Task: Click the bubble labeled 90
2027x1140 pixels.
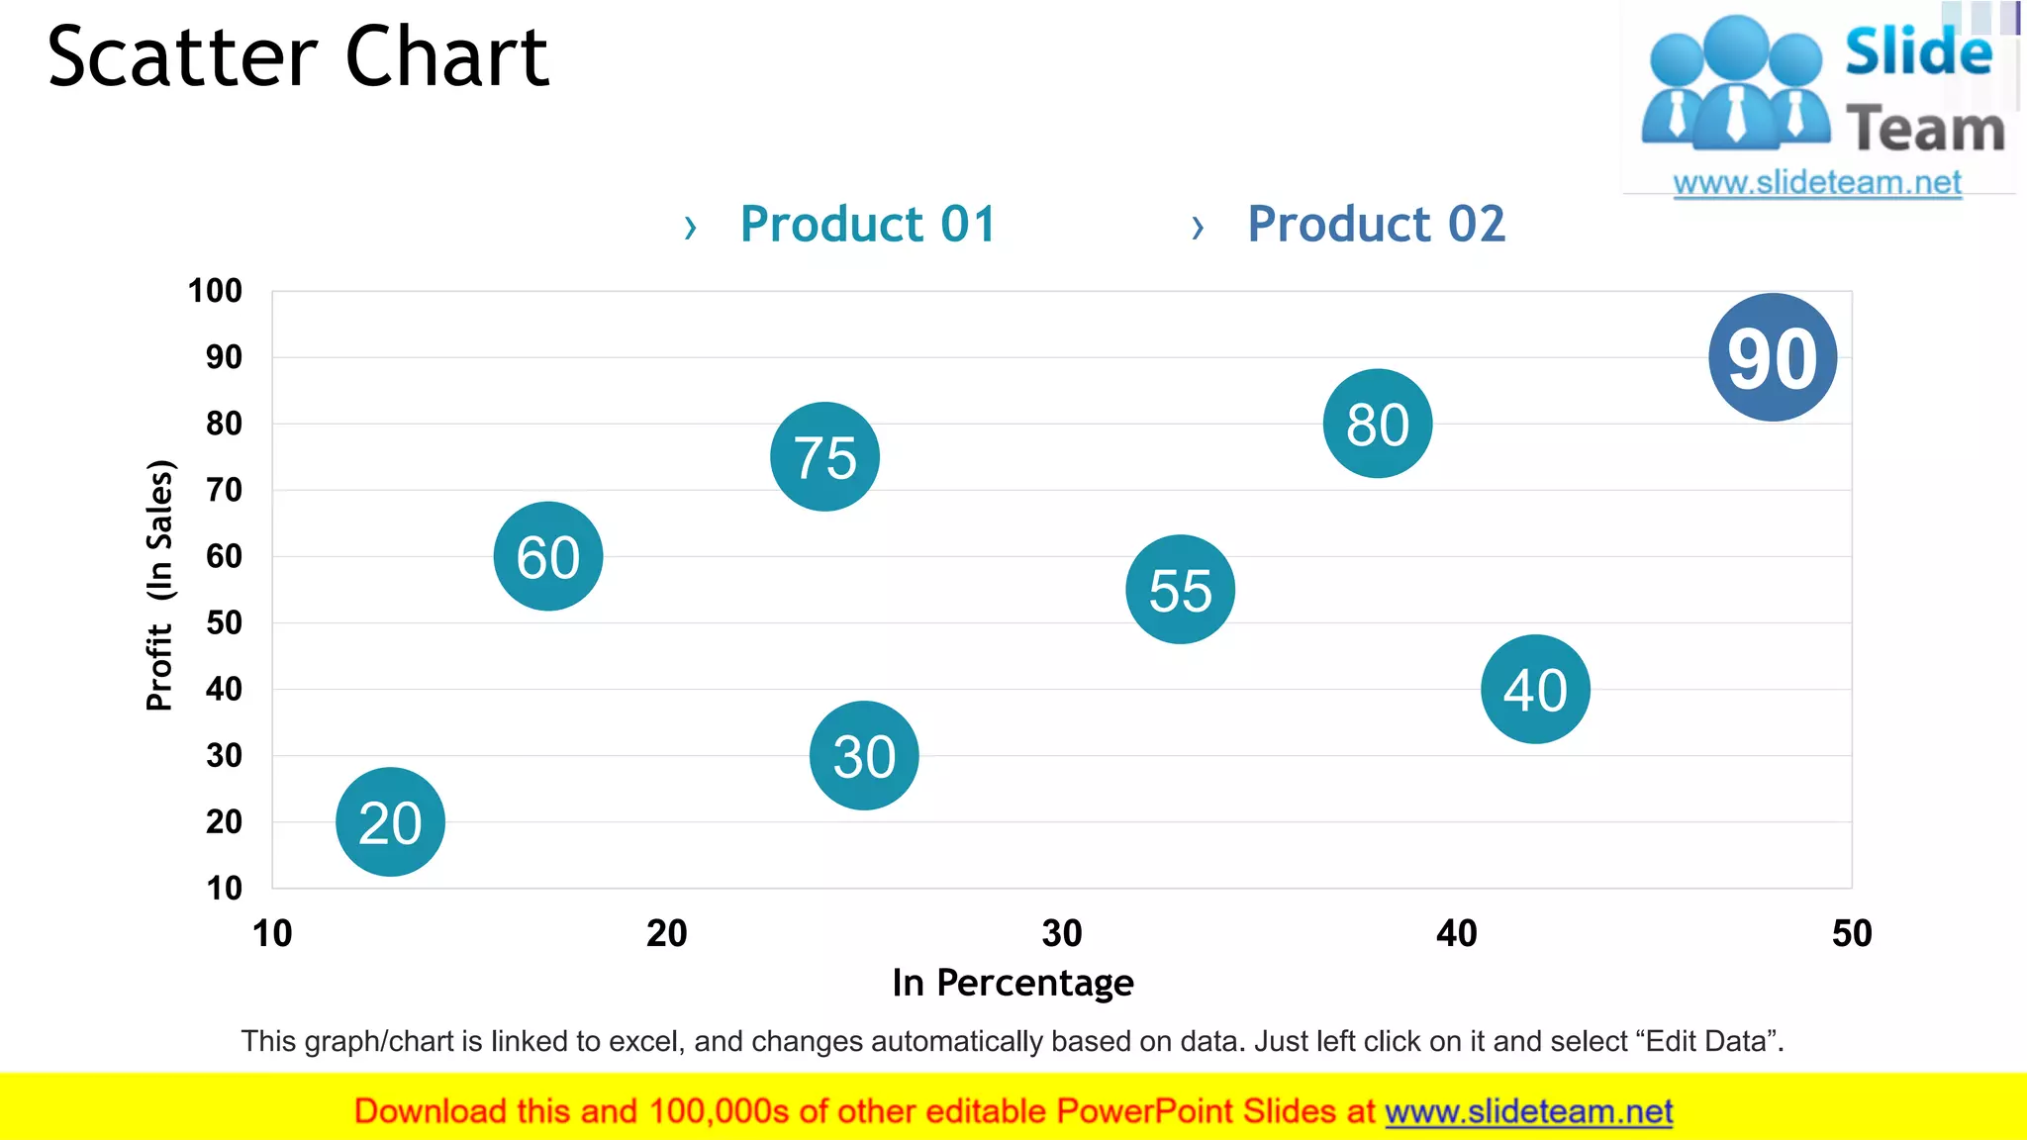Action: (1772, 357)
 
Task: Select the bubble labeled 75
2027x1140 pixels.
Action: (824, 456)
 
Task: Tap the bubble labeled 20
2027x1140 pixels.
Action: (390, 821)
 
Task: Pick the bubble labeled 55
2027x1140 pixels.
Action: (1180, 590)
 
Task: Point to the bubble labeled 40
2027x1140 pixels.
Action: (1535, 689)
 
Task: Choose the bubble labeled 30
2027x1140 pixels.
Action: (864, 755)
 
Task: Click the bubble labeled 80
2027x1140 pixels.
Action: (1377, 424)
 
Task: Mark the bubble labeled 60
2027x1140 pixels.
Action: (547, 556)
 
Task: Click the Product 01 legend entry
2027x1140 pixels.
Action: (867, 224)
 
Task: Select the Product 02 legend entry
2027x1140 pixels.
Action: (1375, 224)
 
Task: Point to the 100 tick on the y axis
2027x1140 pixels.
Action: (215, 291)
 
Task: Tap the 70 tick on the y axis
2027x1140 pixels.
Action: (224, 490)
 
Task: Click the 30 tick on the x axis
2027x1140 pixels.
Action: (1061, 933)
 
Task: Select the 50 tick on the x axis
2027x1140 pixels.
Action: (1851, 933)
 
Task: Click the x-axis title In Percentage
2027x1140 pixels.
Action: (1013, 983)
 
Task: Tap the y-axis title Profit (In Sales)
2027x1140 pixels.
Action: (159, 585)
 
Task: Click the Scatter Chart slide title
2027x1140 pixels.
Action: (298, 57)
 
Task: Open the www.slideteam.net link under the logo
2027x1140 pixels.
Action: (1816, 183)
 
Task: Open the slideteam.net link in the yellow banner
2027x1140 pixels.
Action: (1528, 1111)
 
